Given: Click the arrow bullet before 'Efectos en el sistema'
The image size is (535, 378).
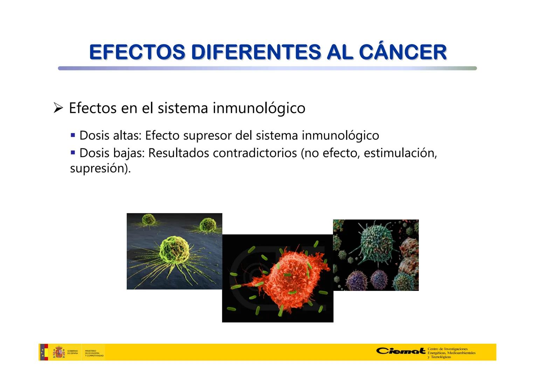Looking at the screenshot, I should pyautogui.click(x=58, y=108).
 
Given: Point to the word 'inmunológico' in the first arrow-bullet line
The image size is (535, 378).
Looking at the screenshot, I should pyautogui.click(x=259, y=108).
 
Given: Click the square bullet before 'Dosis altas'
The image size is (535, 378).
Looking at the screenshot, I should pyautogui.click(x=73, y=135).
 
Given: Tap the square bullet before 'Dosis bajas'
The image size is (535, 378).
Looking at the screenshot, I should pyautogui.click(x=73, y=153).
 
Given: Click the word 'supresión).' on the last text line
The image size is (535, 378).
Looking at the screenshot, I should pyautogui.click(x=100, y=169).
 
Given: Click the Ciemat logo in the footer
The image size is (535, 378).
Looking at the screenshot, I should pyautogui.click(x=401, y=351).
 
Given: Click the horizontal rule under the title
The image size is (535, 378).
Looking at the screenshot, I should pyautogui.click(x=267, y=68).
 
